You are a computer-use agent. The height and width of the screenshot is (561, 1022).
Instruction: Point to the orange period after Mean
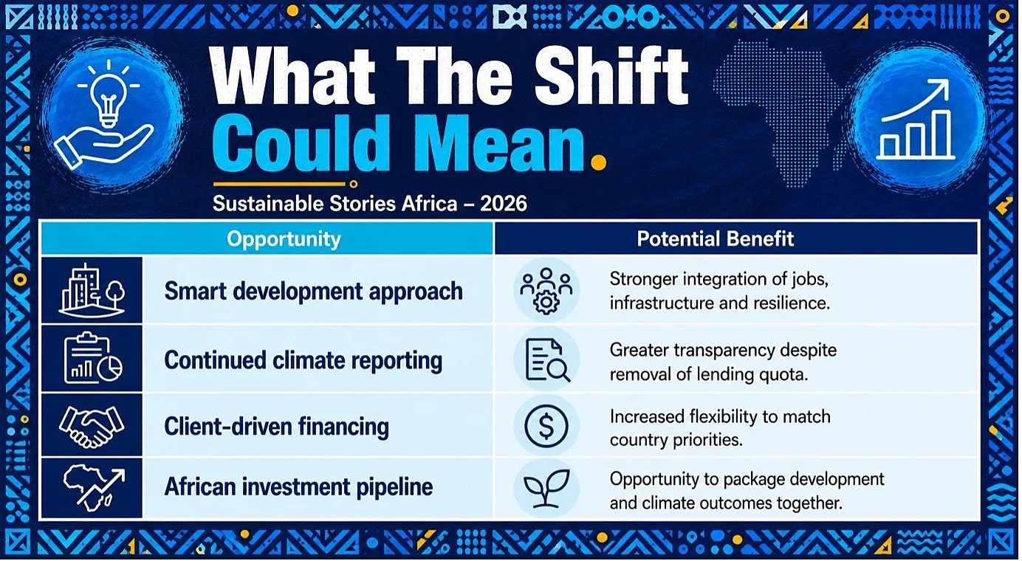[599, 162]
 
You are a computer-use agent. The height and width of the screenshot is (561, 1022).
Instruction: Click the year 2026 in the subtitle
[503, 204]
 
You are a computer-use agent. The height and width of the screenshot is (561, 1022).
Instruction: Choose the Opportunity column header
[284, 238]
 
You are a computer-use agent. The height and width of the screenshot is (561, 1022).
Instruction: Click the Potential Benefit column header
[715, 238]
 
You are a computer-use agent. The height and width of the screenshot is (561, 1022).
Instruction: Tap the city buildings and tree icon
[92, 290]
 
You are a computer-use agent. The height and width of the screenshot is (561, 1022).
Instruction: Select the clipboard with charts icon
[93, 359]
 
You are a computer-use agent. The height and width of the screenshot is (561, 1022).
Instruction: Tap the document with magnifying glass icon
[547, 359]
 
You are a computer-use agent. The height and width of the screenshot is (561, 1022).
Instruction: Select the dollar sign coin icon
[546, 426]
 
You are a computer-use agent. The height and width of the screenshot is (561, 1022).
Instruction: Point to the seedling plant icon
[546, 488]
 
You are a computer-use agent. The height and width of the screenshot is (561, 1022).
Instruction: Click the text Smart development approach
[313, 292]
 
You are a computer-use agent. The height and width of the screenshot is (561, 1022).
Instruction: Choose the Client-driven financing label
[276, 427]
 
